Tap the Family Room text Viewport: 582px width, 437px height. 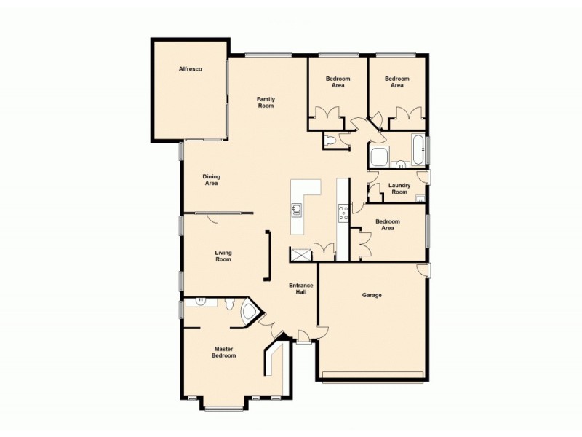(x=265, y=103)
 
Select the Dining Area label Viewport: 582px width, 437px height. (x=211, y=180)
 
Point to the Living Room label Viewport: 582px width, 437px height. (x=223, y=256)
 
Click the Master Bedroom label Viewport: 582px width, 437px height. (x=223, y=353)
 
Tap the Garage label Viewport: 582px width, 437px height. (x=372, y=295)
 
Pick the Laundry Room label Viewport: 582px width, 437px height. (x=399, y=189)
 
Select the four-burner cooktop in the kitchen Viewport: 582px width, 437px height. (x=343, y=213)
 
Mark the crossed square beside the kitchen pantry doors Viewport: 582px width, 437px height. (x=299, y=254)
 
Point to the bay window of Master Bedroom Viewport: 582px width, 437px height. (x=223, y=406)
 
